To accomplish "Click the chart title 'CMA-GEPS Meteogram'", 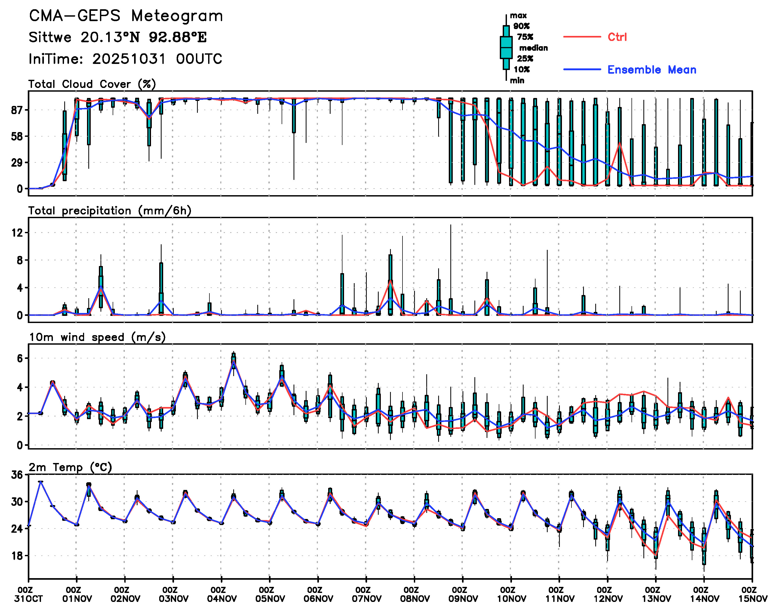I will tap(126, 16).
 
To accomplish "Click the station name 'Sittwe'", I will tap(50, 37).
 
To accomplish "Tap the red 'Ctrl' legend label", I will tap(617, 37).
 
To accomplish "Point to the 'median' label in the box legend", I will tap(533, 48).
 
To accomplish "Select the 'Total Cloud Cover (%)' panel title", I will tap(92, 84).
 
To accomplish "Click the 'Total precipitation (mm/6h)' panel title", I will tap(109, 211).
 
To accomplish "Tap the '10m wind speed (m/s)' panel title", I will tap(97, 337).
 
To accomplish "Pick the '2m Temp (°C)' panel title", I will tap(70, 467).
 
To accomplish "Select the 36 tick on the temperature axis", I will tap(17, 475).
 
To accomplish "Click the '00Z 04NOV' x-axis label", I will tap(221, 594).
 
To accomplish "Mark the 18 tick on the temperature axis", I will tap(17, 556).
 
